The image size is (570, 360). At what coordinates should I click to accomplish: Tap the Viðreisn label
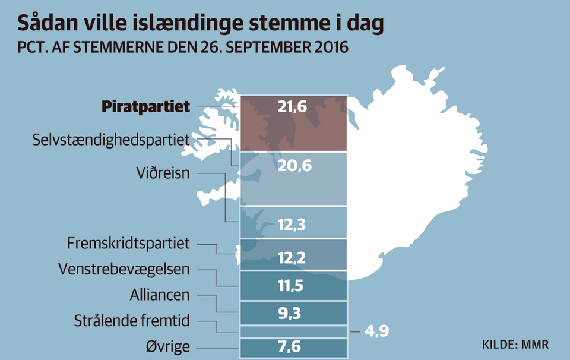pyautogui.click(x=163, y=174)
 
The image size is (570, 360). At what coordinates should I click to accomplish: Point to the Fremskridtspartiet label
pyautogui.click(x=128, y=243)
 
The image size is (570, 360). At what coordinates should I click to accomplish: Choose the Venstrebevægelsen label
pyautogui.click(x=123, y=269)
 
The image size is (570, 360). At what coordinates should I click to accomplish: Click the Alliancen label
pyautogui.click(x=160, y=295)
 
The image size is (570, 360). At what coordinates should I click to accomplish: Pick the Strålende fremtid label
pyautogui.click(x=132, y=321)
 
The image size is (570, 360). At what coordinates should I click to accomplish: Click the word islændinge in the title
pyautogui.click(x=202, y=24)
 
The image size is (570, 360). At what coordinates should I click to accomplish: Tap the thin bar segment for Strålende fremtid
pyautogui.click(x=293, y=331)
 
